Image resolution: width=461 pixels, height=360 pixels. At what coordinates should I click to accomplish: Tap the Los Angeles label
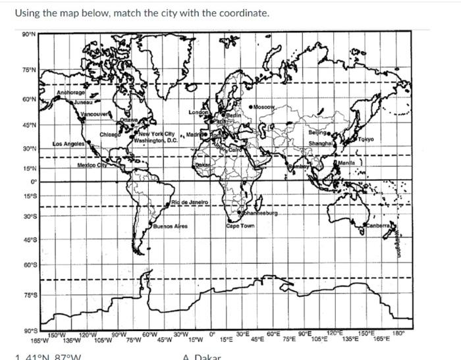click(x=68, y=143)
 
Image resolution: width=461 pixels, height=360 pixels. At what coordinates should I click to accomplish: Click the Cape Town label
click(x=240, y=226)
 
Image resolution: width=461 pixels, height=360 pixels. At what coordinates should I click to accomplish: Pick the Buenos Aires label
click(x=171, y=226)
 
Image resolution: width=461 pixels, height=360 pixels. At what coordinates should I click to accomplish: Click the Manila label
click(x=347, y=161)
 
